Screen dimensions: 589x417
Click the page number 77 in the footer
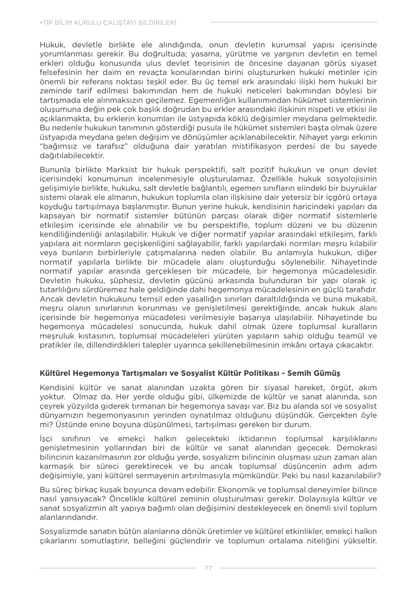208,568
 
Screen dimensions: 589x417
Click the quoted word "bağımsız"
60,146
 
